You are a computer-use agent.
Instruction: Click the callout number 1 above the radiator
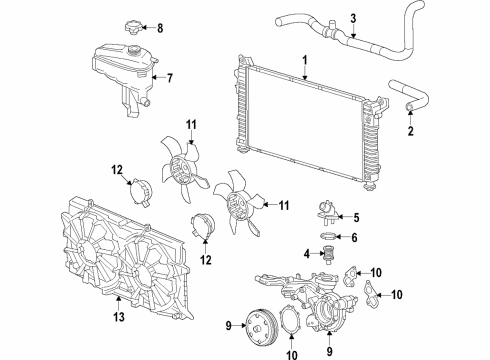[304, 60]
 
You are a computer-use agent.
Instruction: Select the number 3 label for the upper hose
[352, 16]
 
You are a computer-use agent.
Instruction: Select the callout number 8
[160, 27]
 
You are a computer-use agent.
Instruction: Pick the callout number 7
[169, 77]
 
